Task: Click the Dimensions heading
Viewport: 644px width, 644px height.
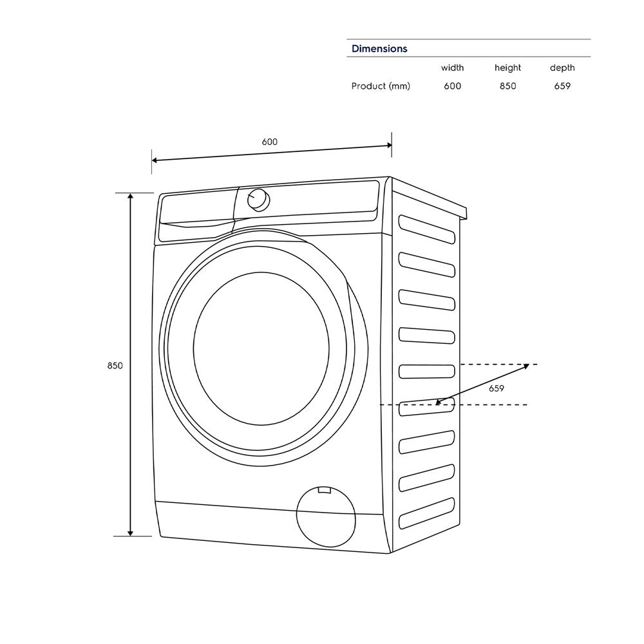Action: pos(379,49)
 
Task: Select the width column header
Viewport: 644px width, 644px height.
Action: pos(452,68)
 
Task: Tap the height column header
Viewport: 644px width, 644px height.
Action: pos(507,68)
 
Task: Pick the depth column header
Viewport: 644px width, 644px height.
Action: pos(562,68)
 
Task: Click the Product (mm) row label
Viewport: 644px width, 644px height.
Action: pos(381,86)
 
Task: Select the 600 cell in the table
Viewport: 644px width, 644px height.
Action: pos(452,86)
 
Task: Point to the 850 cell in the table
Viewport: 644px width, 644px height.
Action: pos(507,86)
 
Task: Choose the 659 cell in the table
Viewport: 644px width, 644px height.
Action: pos(562,86)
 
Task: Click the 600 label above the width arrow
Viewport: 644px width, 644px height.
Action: pos(270,142)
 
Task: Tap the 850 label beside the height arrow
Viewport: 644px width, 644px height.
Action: pos(115,366)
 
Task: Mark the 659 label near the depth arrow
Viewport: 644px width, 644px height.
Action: pos(496,388)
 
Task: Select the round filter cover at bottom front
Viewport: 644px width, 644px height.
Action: pos(325,516)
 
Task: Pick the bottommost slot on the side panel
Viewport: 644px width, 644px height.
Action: pos(427,513)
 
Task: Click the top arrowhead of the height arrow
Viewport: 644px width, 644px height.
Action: pos(131,197)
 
